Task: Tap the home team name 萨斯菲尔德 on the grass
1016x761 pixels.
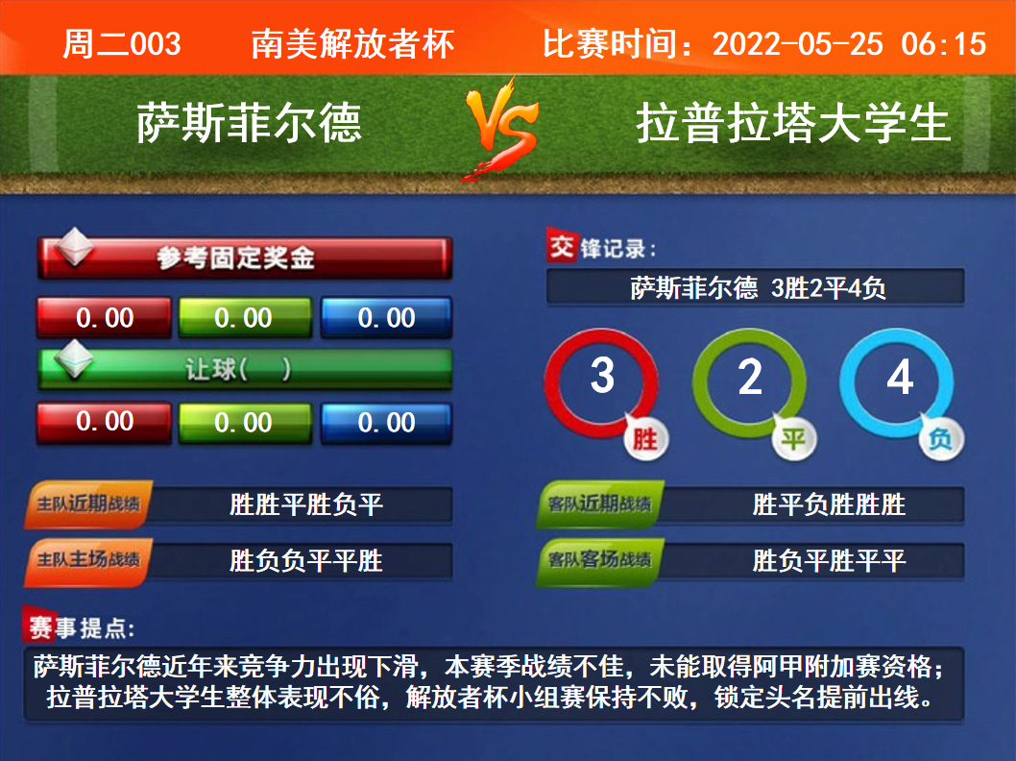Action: click(x=249, y=123)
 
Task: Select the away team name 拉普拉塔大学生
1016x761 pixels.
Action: click(x=793, y=123)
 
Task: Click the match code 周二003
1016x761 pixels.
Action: click(x=122, y=44)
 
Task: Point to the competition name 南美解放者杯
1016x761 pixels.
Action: click(x=353, y=44)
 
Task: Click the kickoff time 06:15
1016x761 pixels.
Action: click(x=943, y=44)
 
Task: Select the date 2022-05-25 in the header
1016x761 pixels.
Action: click(x=798, y=44)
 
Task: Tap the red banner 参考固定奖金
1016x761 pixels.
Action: click(x=245, y=258)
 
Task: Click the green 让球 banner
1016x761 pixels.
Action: click(x=245, y=369)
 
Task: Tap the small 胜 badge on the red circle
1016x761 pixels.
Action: click(x=644, y=439)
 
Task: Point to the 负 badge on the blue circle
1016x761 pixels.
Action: click(x=940, y=439)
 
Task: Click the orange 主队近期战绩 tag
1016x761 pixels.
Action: click(x=88, y=503)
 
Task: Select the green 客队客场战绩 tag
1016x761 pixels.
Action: click(x=600, y=560)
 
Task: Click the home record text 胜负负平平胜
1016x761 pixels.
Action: click(x=305, y=561)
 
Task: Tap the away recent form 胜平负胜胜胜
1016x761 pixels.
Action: click(x=829, y=504)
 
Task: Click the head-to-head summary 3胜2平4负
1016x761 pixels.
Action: click(x=829, y=288)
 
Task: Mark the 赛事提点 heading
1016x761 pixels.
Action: click(x=81, y=626)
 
